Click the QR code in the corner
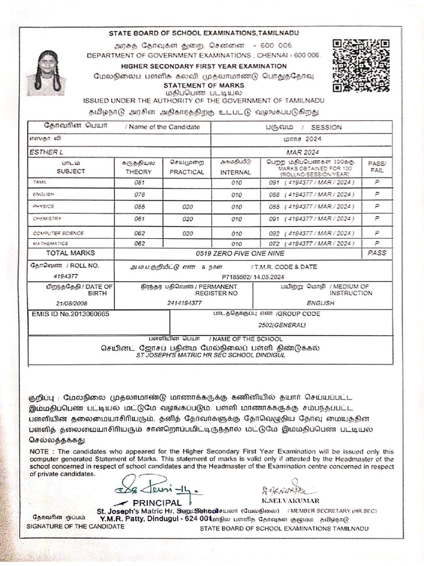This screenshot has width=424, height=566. pos(361,65)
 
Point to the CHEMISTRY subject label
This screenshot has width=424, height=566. pos(47,219)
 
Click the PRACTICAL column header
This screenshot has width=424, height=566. pos(187,172)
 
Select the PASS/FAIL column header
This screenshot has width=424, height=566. pos(378,167)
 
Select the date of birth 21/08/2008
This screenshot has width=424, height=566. pos(71,303)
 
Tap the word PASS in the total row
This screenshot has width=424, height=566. pos(378,253)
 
